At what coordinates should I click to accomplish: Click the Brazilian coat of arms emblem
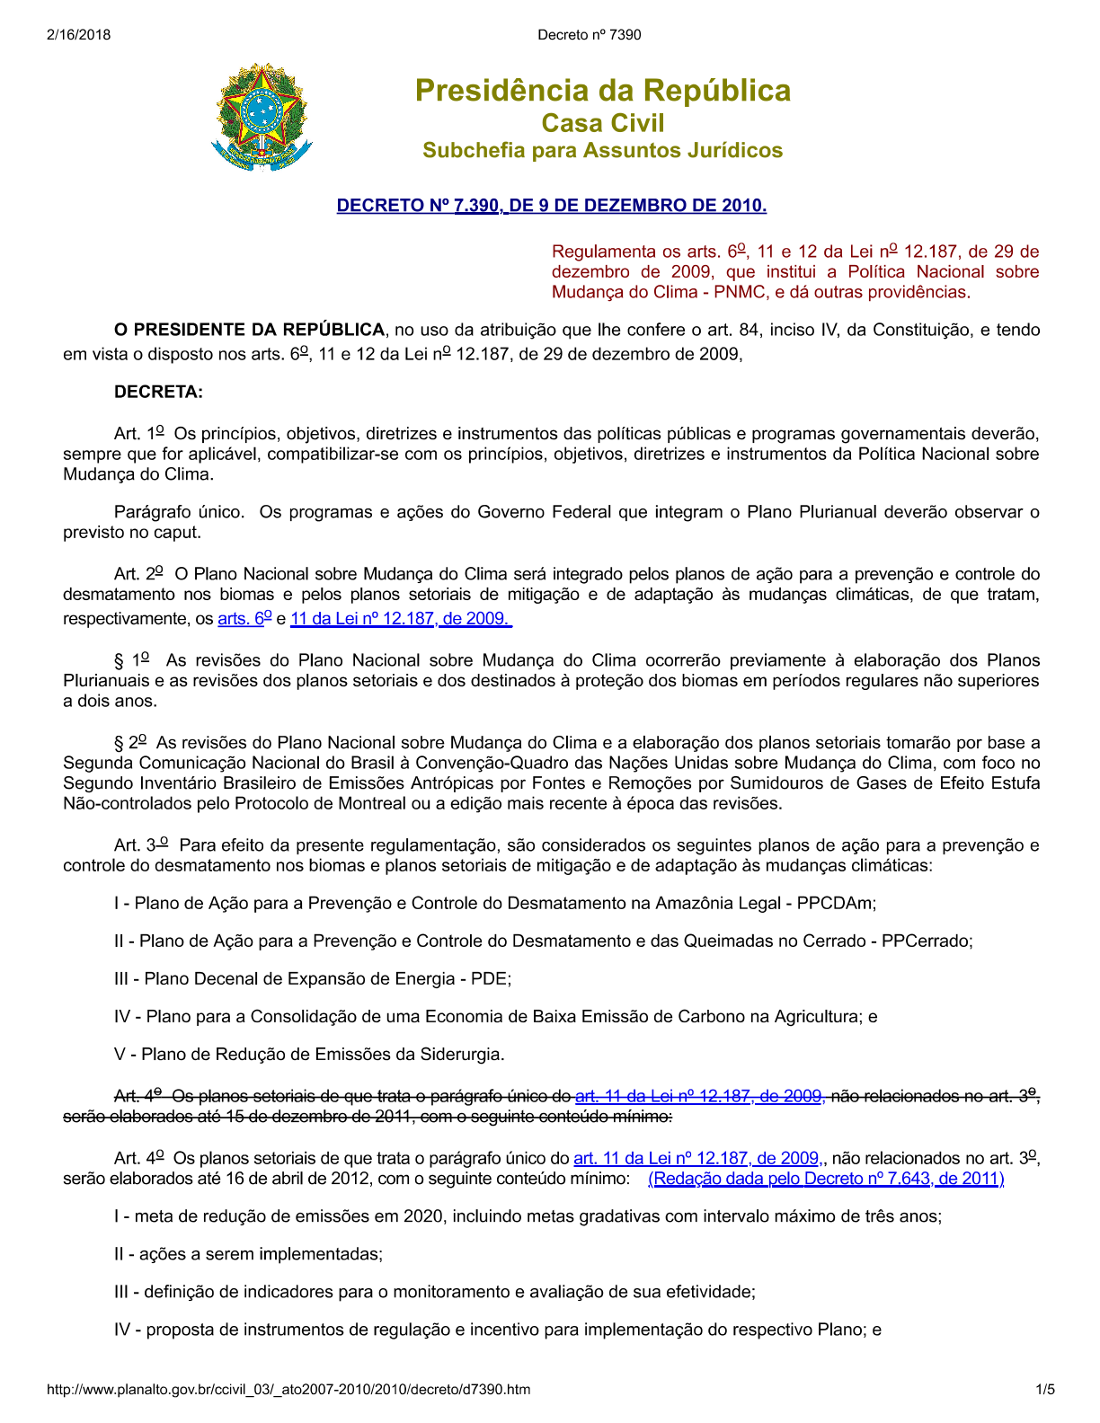(262, 117)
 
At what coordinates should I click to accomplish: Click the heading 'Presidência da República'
(602, 91)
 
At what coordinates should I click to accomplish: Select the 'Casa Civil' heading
(602, 123)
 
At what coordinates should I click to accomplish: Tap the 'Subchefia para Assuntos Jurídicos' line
(602, 150)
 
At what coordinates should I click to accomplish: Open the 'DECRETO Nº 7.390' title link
(551, 206)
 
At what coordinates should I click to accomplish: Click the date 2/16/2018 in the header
(79, 35)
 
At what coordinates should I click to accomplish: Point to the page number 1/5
(1045, 1390)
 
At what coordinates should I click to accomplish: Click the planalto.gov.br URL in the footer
(288, 1390)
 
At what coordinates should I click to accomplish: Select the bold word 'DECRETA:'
(158, 392)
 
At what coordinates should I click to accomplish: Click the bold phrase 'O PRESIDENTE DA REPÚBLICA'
(249, 330)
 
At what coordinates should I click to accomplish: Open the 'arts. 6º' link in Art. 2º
(244, 618)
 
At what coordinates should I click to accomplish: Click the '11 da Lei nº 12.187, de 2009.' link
(401, 618)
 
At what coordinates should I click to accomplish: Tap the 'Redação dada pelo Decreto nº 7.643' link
(825, 1178)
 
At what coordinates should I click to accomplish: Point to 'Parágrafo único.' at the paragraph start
(179, 512)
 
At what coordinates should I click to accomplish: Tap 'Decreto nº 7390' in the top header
(590, 35)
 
